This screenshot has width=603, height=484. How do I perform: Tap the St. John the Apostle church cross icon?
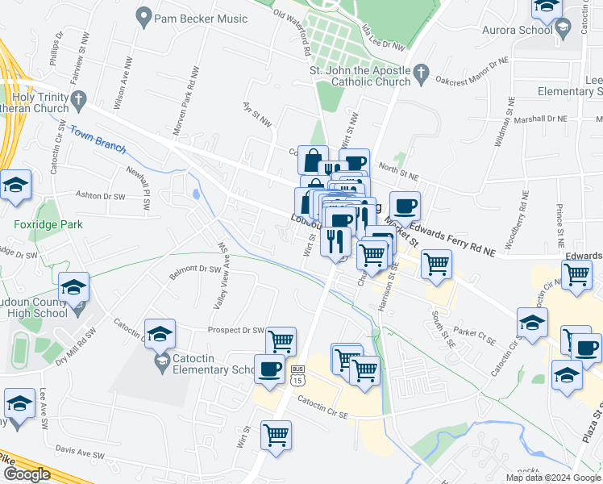420,75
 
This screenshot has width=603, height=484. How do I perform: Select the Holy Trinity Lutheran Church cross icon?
78,101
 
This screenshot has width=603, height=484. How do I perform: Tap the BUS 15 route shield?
297,374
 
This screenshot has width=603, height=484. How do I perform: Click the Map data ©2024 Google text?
553,478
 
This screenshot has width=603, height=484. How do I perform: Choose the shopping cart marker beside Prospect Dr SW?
281,341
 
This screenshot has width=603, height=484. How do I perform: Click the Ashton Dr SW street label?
101,196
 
